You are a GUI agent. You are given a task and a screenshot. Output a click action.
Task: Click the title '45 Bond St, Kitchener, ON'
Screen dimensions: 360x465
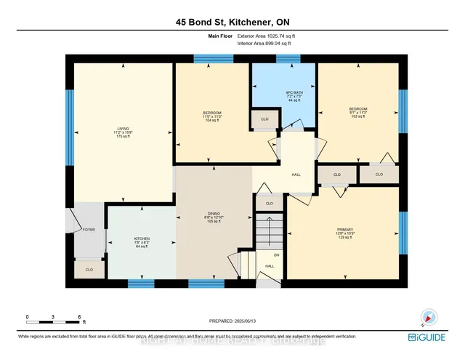[x=232, y=23]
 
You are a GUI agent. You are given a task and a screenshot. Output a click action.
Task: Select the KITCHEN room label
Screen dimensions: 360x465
[x=142, y=240]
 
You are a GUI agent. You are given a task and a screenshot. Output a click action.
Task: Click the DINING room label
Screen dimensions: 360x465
[x=213, y=217]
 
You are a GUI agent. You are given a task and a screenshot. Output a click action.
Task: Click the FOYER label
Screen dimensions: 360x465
[x=89, y=229]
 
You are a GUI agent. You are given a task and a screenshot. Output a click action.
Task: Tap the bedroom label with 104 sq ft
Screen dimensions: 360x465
[x=212, y=116]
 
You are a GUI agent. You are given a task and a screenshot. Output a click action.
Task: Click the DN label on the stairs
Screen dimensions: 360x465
[x=276, y=255]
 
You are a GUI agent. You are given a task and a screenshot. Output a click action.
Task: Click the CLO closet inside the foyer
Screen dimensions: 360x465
[x=89, y=269]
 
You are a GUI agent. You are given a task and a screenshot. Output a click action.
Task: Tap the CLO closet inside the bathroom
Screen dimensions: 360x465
[x=264, y=119]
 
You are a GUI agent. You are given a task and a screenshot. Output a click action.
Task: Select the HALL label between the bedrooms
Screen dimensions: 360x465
[x=296, y=175]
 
